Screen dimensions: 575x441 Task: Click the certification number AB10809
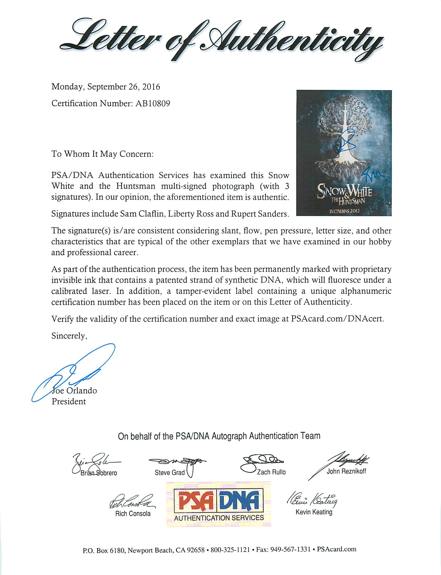pyautogui.click(x=153, y=104)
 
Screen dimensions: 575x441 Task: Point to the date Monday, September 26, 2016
pyautogui.click(x=106, y=87)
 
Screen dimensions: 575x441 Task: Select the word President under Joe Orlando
pyautogui.click(x=68, y=401)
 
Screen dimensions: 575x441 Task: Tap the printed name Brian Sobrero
pyautogui.click(x=99, y=473)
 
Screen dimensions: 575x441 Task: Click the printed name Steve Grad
pyautogui.click(x=170, y=472)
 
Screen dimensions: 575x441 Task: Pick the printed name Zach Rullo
pyautogui.click(x=271, y=472)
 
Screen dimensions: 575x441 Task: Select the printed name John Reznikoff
pyautogui.click(x=346, y=471)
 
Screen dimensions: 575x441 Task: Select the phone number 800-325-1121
pyautogui.click(x=230, y=550)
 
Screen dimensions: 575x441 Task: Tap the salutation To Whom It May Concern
pyautogui.click(x=102, y=154)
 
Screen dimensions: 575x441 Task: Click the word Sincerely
pyautogui.click(x=69, y=336)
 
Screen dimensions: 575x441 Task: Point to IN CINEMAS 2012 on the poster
pyautogui.click(x=344, y=211)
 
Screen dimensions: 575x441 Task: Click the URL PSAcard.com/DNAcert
pyautogui.click(x=337, y=319)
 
